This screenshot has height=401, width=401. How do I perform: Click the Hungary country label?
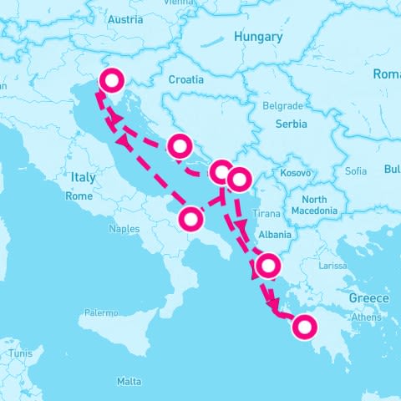point(258,37)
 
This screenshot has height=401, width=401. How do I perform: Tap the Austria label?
point(125,19)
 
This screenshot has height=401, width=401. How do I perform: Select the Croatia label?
point(185,79)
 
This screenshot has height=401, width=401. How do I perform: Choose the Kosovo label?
point(297,173)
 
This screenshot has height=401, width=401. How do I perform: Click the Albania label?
point(275,235)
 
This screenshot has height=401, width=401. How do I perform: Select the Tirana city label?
point(266,214)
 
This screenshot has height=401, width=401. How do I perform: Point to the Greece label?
point(368,298)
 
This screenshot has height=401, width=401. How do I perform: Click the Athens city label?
point(367,317)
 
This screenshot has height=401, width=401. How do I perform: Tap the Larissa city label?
point(332,266)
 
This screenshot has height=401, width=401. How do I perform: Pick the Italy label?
point(84,177)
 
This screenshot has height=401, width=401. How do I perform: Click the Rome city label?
point(79,196)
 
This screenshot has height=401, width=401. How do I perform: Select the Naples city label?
point(124,228)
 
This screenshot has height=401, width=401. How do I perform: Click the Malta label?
point(129,381)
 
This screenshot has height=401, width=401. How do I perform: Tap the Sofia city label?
point(355,171)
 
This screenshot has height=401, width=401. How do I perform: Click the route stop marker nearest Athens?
point(303,327)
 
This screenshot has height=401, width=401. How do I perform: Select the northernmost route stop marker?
point(112,80)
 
